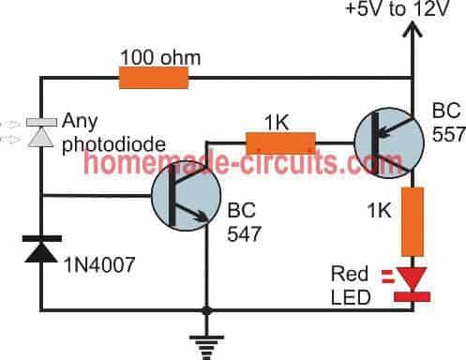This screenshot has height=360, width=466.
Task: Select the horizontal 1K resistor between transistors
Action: pyautogui.click(x=279, y=143)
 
